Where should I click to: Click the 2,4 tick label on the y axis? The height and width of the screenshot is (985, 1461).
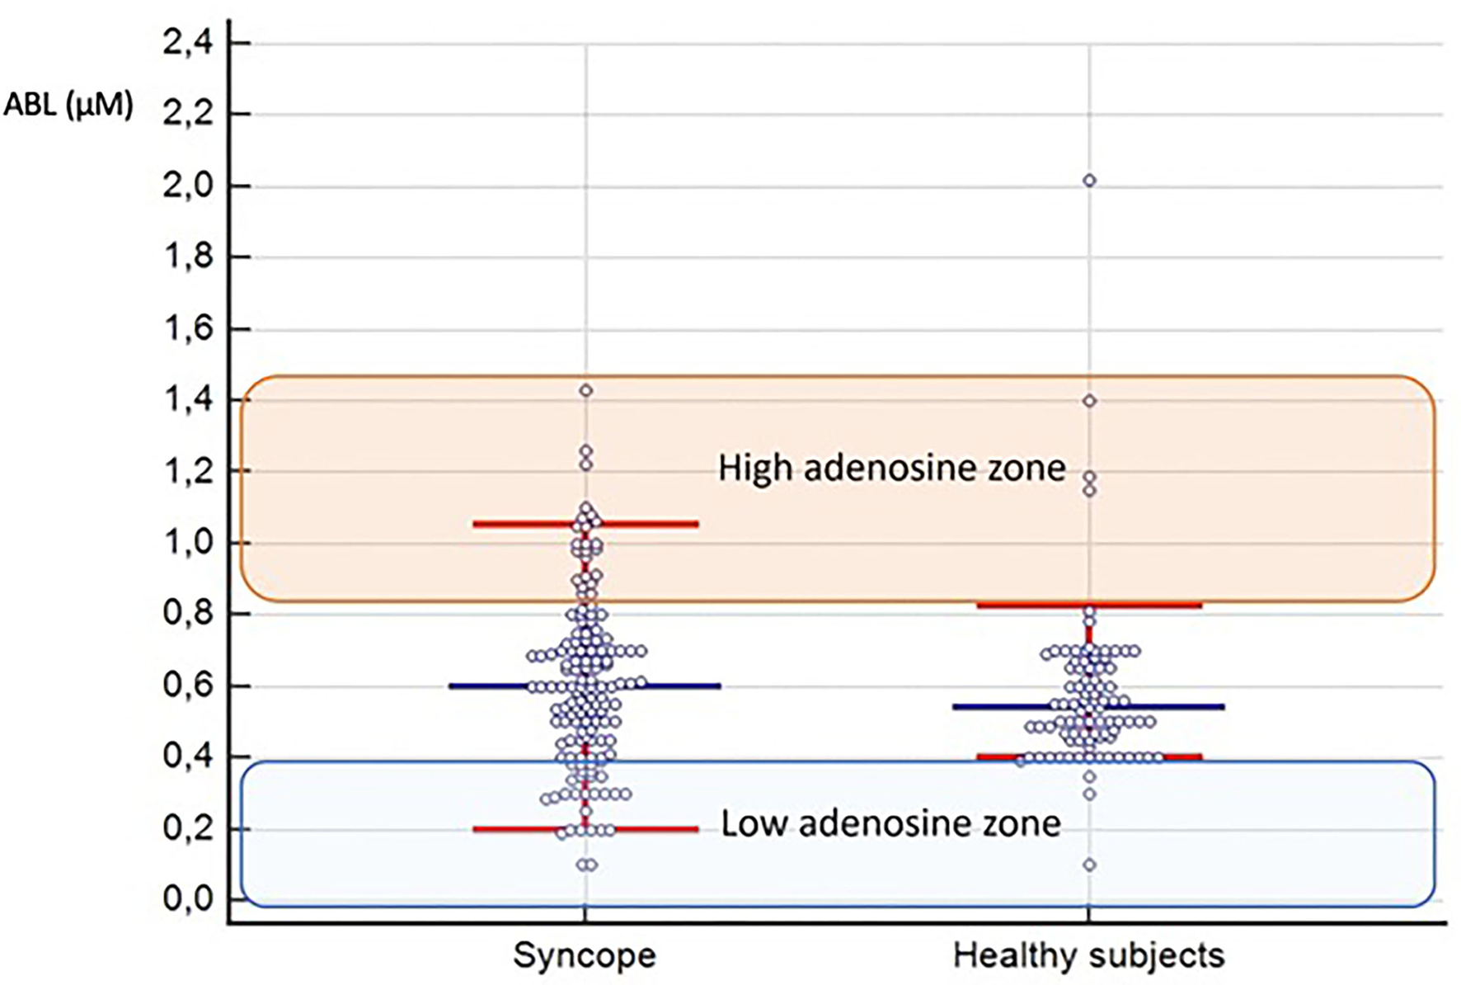187,43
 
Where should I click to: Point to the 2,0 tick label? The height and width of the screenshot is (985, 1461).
187,186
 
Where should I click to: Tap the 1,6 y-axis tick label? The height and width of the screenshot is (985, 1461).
187,329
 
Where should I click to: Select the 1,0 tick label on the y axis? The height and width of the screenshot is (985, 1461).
187,544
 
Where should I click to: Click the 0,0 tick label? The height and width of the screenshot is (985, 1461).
187,899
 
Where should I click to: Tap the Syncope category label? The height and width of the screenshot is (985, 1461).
585,956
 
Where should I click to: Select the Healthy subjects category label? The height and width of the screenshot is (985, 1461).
1088,956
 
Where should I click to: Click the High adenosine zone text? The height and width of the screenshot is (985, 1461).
891,469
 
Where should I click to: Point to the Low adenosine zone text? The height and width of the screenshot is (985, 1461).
890,824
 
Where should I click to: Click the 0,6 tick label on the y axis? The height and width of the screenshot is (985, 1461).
187,686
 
